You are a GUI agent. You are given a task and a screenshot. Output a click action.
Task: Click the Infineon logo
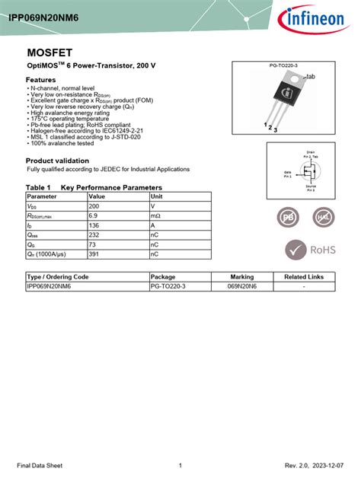313,19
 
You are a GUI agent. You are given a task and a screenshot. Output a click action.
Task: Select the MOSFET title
48,53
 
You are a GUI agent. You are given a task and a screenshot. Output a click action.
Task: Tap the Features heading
41,80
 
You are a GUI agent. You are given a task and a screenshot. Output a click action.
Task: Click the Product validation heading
57,161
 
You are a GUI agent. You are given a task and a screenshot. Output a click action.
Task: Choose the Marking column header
242,276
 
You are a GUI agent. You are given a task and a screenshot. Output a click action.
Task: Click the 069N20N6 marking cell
242,286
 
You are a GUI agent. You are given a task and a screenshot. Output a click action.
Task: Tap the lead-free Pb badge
289,218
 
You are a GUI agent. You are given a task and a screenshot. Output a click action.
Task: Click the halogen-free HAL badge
324,218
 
